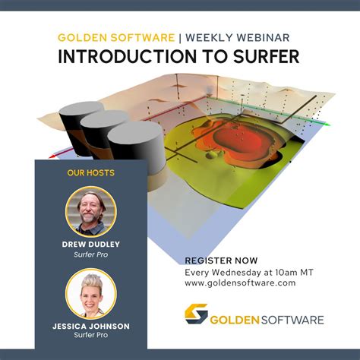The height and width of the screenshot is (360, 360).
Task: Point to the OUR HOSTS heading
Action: [91, 172]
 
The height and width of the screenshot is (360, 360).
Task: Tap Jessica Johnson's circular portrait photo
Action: [91, 292]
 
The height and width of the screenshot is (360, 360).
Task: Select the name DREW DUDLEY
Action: [91, 245]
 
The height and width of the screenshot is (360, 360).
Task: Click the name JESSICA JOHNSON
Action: [91, 326]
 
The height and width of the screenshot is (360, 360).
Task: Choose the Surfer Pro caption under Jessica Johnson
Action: [91, 335]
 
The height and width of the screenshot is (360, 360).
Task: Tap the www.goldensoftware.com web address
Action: [240, 283]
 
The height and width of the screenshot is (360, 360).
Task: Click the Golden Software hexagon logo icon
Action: [197, 314]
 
